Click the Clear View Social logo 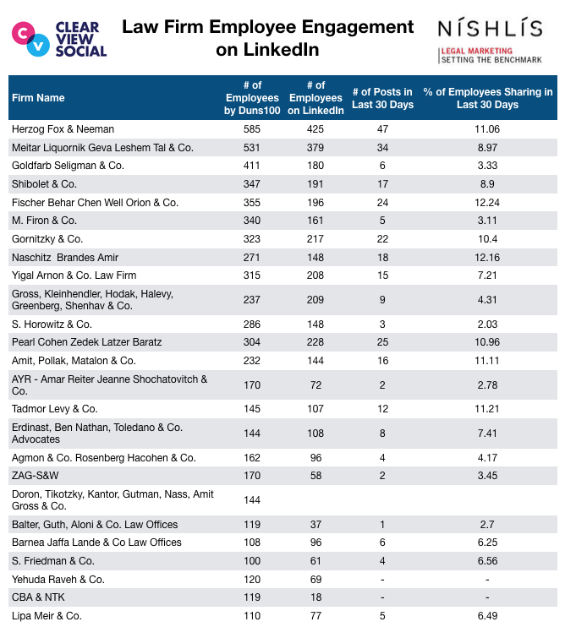click(x=59, y=39)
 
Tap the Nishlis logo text click(x=490, y=28)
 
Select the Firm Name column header click(x=38, y=98)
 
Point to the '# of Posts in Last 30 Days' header click(x=382, y=98)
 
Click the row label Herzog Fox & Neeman click(x=63, y=129)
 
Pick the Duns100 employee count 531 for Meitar click(x=252, y=147)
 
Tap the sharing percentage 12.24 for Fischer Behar click(x=487, y=202)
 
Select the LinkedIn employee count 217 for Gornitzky click(x=315, y=239)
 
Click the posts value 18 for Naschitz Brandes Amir click(x=382, y=257)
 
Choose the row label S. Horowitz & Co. click(x=52, y=324)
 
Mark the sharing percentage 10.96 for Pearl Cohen click(x=487, y=341)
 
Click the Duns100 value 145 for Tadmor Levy click(x=252, y=408)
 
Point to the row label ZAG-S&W click(x=35, y=475)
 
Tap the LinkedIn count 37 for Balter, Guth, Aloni click(x=315, y=524)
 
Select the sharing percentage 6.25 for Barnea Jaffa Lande click(x=487, y=542)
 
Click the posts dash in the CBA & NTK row click(x=382, y=597)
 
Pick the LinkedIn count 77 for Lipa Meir click(x=315, y=616)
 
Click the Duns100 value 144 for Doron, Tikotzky click(x=252, y=499)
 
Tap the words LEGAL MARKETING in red click(x=476, y=51)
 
